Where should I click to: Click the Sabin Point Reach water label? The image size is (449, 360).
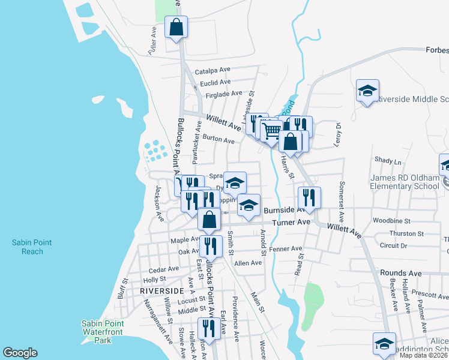point(32,247)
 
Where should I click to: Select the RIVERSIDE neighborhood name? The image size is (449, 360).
point(161,290)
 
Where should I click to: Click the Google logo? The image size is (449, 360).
point(20,353)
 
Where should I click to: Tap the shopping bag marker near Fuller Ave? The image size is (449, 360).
point(176,28)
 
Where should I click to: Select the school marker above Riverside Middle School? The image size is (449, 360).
point(367,91)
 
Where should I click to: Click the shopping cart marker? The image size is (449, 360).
point(271,130)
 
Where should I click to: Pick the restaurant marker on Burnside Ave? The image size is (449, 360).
point(309,198)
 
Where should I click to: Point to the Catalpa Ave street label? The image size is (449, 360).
point(212,70)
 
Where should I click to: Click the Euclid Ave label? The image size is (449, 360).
point(215,82)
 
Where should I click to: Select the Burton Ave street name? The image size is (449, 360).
point(218,139)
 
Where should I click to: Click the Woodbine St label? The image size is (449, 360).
point(391,221)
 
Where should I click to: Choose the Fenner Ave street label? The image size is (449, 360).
point(286,248)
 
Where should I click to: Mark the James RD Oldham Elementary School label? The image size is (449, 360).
point(405,182)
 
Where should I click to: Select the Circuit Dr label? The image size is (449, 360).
point(393,245)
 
